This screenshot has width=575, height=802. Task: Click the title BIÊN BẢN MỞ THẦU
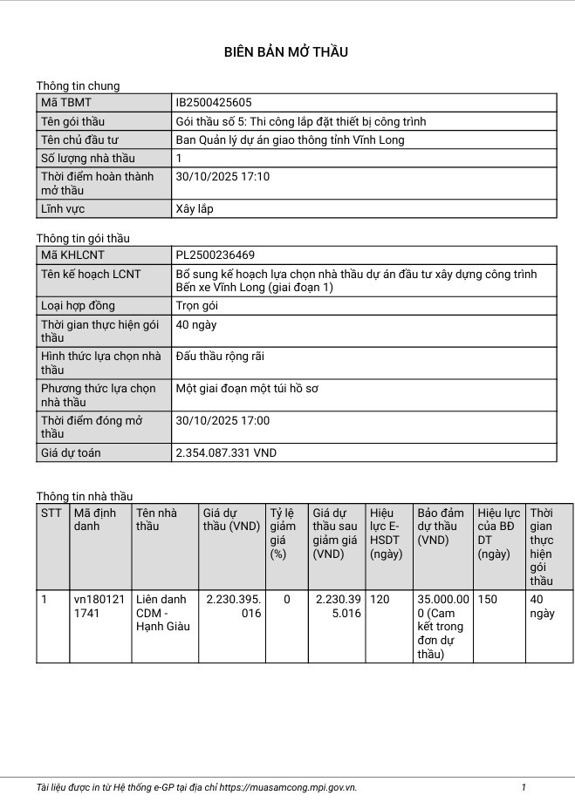[x=286, y=52]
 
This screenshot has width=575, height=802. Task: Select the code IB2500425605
[x=214, y=103]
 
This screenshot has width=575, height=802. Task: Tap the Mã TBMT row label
[x=60, y=103]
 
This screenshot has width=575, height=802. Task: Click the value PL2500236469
[x=216, y=255]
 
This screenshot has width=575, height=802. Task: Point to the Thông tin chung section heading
[x=78, y=85]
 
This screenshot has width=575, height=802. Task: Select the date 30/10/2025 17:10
[x=222, y=177]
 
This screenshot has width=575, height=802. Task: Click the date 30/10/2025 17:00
[x=222, y=421]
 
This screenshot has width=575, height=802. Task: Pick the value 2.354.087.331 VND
[x=226, y=453]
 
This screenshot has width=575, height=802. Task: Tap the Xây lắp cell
[x=195, y=209]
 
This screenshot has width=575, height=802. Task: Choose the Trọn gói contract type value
[x=197, y=306]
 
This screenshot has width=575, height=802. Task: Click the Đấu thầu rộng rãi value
[x=220, y=357]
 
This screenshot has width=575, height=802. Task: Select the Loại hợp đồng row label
[x=79, y=306]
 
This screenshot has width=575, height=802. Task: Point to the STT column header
[x=51, y=513]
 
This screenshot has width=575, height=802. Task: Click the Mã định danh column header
[x=94, y=520]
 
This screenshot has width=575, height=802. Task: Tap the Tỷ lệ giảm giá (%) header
[x=282, y=533]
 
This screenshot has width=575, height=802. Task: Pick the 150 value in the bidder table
[x=488, y=600]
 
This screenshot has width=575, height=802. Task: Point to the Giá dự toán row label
[x=71, y=453]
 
